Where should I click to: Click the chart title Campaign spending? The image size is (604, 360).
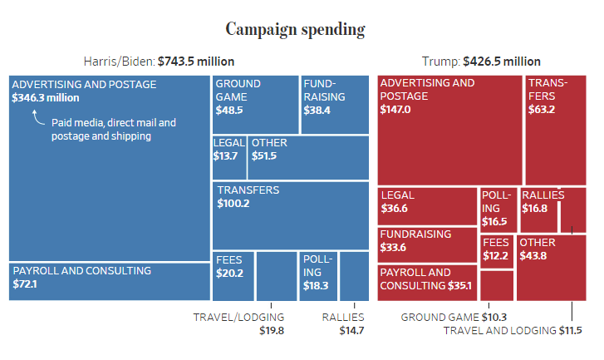pos(295,30)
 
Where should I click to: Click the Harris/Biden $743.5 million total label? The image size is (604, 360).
pos(159,62)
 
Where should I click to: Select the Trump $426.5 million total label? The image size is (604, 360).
pos(481,62)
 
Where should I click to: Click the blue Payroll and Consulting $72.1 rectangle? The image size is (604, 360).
pos(109,281)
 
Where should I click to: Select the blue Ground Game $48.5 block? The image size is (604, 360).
pos(255,104)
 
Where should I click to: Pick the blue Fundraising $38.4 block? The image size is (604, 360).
pos(334,104)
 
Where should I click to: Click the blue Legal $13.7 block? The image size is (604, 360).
pos(228,157)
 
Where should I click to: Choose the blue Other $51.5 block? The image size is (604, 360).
pos(307,157)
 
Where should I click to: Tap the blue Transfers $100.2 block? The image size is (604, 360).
pos(290,215)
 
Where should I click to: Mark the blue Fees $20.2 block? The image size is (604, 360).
pos(233,275)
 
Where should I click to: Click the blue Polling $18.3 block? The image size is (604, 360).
pos(317,275)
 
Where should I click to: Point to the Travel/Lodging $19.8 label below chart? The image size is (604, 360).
pos(238,323)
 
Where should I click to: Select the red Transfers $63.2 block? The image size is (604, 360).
pos(554,129)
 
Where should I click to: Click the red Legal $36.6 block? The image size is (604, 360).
pos(427,205)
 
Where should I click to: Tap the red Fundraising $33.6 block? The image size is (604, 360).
pos(427,244)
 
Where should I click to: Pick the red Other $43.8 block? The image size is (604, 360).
pos(550,267)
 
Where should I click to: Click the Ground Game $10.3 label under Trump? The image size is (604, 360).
pos(454,317)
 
